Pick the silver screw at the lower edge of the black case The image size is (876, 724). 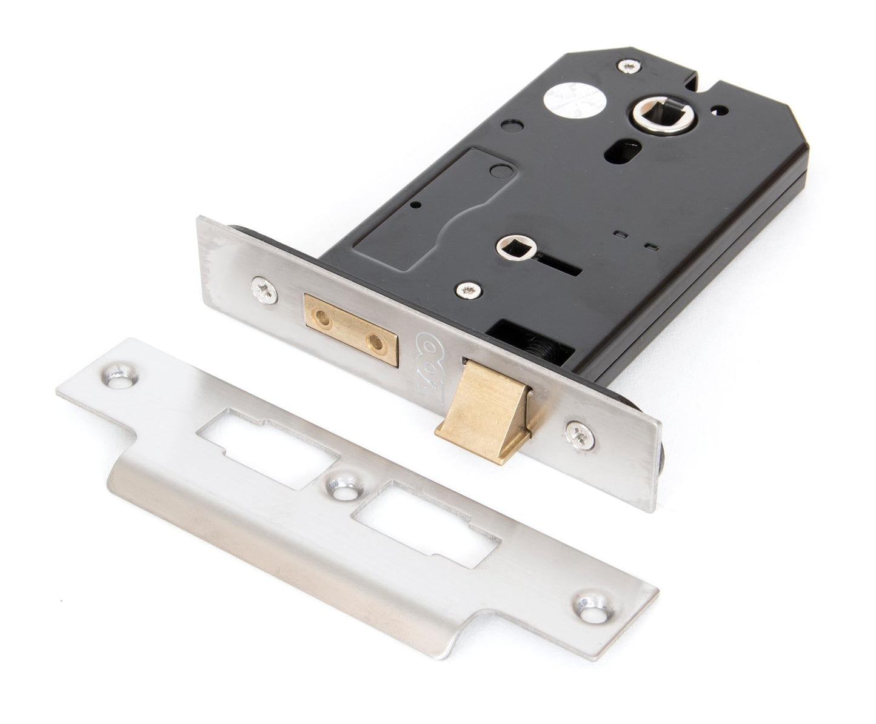click(x=467, y=290)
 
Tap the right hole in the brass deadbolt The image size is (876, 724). click(x=378, y=341)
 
